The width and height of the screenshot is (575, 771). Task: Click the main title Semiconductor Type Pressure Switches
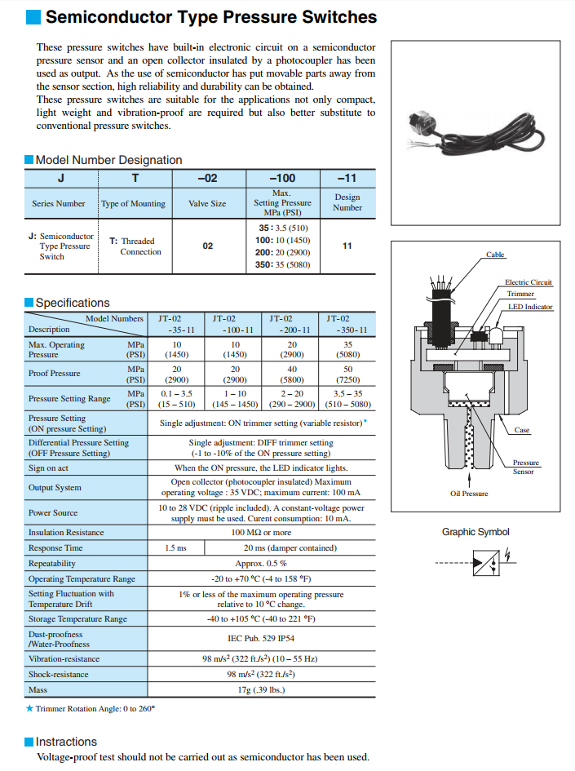210,17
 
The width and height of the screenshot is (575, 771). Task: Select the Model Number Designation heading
108,160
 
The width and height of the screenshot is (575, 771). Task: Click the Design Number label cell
347,202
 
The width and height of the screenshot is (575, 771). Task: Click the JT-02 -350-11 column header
347,324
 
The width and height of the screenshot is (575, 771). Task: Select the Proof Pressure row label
55,374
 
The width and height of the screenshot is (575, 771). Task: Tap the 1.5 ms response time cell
175,548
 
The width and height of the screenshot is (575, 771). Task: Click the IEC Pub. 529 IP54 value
261,640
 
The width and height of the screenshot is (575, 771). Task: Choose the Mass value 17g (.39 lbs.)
261,690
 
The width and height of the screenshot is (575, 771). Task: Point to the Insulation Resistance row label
66,533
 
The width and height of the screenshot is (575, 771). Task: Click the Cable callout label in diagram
495,255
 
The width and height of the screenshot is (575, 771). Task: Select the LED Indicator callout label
530,307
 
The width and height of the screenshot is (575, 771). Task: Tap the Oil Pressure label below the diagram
469,494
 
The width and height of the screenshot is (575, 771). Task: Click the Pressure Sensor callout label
525,467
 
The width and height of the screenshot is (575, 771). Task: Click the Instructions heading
66,742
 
